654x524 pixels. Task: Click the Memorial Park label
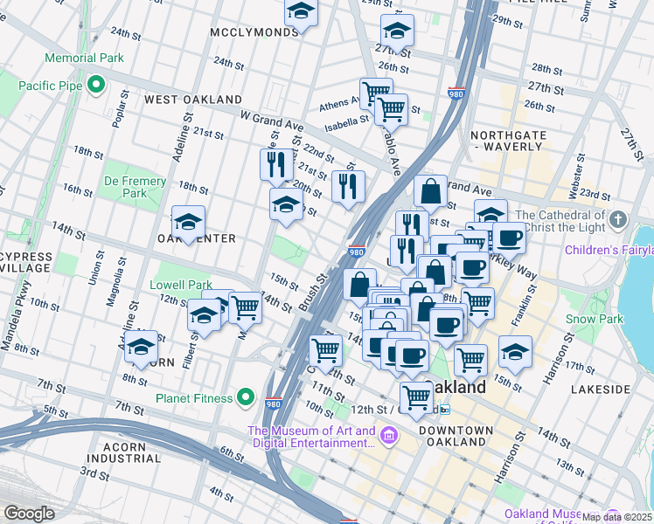(x=85, y=58)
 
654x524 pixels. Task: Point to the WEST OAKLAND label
(x=192, y=100)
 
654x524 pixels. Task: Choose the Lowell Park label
(x=181, y=285)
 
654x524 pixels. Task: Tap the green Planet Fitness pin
(x=247, y=398)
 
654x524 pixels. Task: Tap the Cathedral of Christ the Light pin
(x=618, y=217)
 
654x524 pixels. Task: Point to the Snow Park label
(x=595, y=319)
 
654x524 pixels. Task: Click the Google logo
(x=29, y=514)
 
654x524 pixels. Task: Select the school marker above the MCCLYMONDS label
(x=300, y=10)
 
